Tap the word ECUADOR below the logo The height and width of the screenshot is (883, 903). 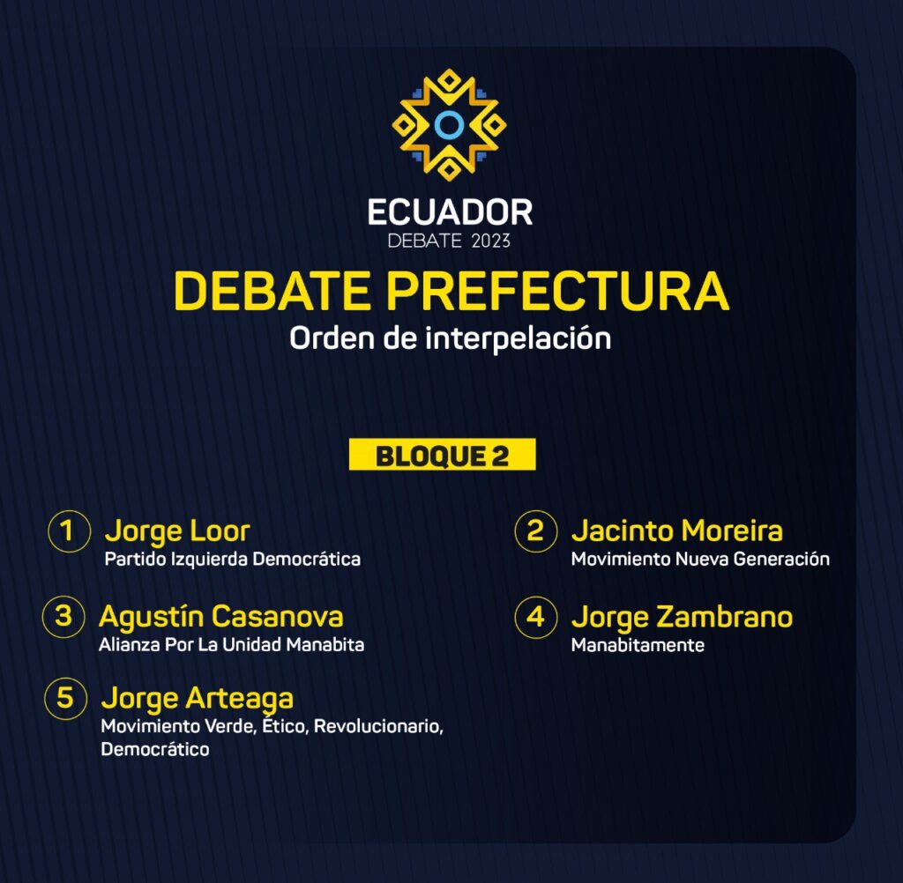coord(450,212)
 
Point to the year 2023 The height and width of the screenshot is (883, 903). coord(490,241)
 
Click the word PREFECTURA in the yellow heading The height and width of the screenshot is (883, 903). coord(557,291)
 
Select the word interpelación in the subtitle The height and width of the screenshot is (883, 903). coord(519,338)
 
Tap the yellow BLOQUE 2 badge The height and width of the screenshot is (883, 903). coord(443,455)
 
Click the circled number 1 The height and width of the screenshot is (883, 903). coord(69,531)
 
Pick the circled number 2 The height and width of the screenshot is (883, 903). coord(535,531)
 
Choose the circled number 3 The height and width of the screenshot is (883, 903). coord(63,617)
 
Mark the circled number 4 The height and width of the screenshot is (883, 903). coord(535,617)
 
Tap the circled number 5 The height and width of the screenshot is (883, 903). coord(65,698)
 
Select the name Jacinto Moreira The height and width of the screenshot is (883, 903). coord(676,531)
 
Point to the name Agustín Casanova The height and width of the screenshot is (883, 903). coord(221,617)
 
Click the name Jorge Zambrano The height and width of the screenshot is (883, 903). coord(682,618)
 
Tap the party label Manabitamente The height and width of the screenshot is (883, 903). coord(638,645)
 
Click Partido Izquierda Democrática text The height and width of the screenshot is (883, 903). coord(233,559)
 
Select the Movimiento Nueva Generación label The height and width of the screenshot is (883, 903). coord(700,559)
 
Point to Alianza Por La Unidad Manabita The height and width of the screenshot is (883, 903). coord(232,645)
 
